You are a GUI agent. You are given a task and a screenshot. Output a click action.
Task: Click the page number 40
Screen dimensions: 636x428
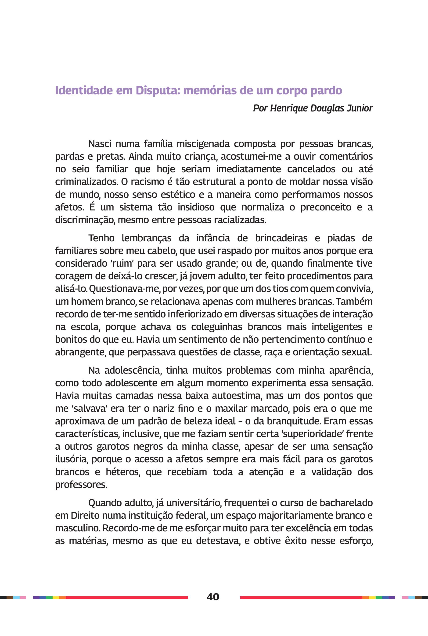[213, 596]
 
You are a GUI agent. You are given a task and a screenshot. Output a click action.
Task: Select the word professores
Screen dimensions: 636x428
[81, 484]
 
